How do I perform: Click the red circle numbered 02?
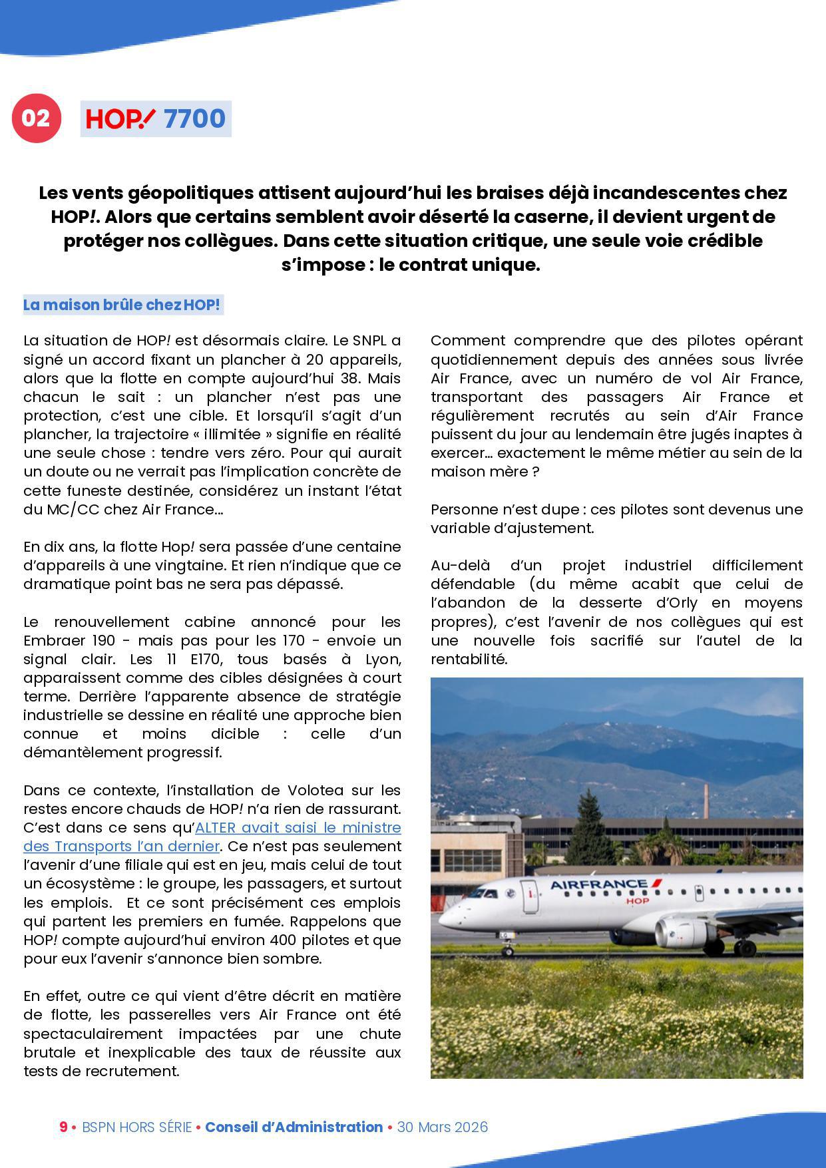tap(36, 118)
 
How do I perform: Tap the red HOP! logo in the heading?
tap(120, 119)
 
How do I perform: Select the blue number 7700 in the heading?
tap(194, 119)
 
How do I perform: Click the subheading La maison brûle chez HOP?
tap(121, 305)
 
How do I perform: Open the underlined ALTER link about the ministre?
tap(212, 837)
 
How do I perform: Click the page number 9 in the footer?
tap(63, 1127)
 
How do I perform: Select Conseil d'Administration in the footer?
tap(294, 1127)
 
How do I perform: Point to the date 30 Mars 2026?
tap(442, 1127)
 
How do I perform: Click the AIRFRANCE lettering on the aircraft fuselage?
tap(598, 884)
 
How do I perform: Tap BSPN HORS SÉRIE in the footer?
tap(136, 1127)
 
